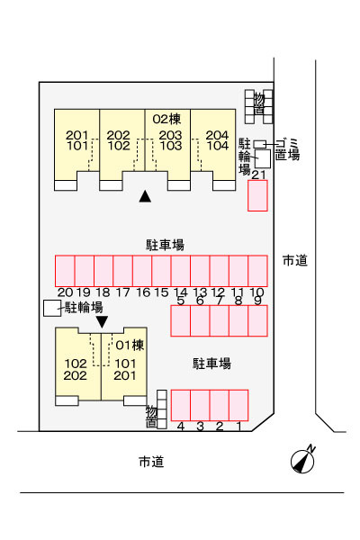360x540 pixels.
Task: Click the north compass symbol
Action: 302,461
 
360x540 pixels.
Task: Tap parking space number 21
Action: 257,195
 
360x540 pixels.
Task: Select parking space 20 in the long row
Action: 65,271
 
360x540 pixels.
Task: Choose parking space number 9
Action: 257,320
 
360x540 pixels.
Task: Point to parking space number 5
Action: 181,320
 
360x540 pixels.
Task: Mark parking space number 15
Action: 161,271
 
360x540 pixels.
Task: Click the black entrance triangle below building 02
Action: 145,196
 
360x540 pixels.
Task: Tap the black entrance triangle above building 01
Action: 102,322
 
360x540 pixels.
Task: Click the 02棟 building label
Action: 166,119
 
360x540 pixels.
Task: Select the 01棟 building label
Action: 130,345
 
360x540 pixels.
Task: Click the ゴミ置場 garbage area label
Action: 287,149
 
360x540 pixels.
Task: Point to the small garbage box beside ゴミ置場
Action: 260,144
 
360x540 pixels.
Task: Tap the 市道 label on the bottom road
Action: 151,462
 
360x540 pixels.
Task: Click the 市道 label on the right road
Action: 295,260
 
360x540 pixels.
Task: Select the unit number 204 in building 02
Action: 217,135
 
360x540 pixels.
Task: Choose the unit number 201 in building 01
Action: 125,375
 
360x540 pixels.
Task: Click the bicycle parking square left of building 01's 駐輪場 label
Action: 52,308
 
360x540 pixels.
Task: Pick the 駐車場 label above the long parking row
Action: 165,245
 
